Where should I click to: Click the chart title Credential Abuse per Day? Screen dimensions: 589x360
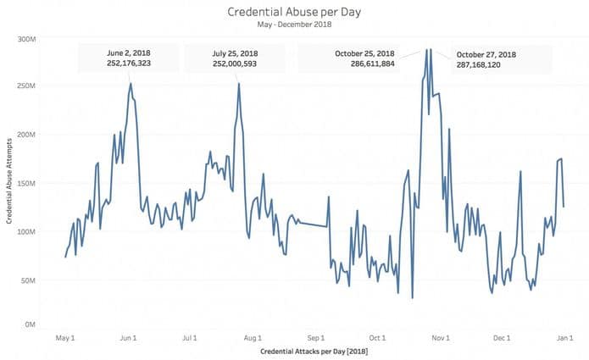[x=294, y=12]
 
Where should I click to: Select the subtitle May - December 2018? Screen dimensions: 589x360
[x=295, y=25]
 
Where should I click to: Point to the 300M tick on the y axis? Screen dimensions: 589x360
[x=26, y=40]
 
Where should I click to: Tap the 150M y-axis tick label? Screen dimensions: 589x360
[x=26, y=183]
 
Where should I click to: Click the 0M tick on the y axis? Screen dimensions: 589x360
[x=30, y=324]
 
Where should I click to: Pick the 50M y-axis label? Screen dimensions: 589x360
[x=28, y=280]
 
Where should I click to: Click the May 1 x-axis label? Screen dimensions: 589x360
[x=65, y=338]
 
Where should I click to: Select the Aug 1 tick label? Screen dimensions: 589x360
[x=253, y=338]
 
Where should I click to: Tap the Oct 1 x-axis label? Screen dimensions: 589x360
[x=377, y=338]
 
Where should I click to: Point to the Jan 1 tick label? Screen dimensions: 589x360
[x=565, y=338]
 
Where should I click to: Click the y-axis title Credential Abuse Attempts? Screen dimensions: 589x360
[x=9, y=181]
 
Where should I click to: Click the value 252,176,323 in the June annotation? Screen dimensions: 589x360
[x=129, y=63]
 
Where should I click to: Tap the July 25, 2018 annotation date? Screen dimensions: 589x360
[x=235, y=53]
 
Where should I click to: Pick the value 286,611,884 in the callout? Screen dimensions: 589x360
[x=373, y=64]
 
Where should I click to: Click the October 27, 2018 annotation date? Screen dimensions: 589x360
[x=486, y=55]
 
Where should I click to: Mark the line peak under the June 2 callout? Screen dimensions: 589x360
[x=131, y=83]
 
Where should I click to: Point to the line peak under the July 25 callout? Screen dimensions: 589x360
[x=239, y=83]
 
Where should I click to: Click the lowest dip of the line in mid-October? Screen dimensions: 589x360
[x=413, y=298]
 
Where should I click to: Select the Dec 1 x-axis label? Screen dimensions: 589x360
[x=502, y=338]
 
